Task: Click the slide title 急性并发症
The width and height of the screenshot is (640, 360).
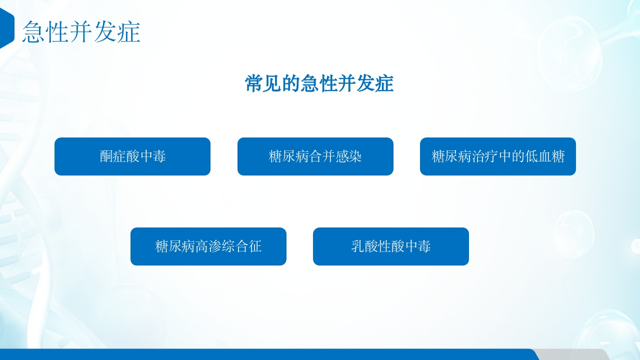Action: (x=81, y=32)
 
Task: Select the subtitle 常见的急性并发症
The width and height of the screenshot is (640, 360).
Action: (x=319, y=83)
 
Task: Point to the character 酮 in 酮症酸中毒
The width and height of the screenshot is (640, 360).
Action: (x=106, y=156)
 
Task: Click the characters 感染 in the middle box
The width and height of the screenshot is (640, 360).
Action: (x=349, y=156)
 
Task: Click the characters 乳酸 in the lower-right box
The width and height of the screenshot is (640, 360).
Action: (x=364, y=246)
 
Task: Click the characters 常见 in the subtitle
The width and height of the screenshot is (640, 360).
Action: (x=263, y=83)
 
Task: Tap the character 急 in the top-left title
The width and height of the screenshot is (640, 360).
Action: (x=33, y=32)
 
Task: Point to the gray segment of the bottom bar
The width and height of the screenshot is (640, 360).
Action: (x=570, y=354)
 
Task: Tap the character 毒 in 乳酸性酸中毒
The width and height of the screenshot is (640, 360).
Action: (x=424, y=246)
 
